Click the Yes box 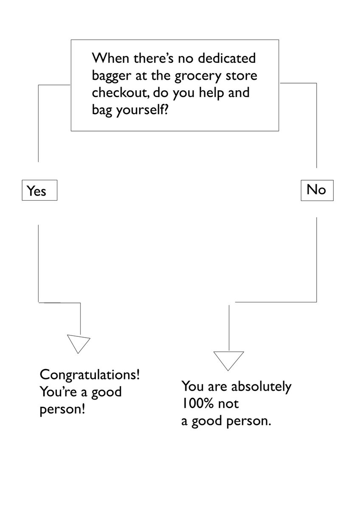click(39, 191)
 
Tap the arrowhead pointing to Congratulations click(79, 343)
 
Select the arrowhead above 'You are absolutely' click(229, 361)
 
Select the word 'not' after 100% click(229, 404)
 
